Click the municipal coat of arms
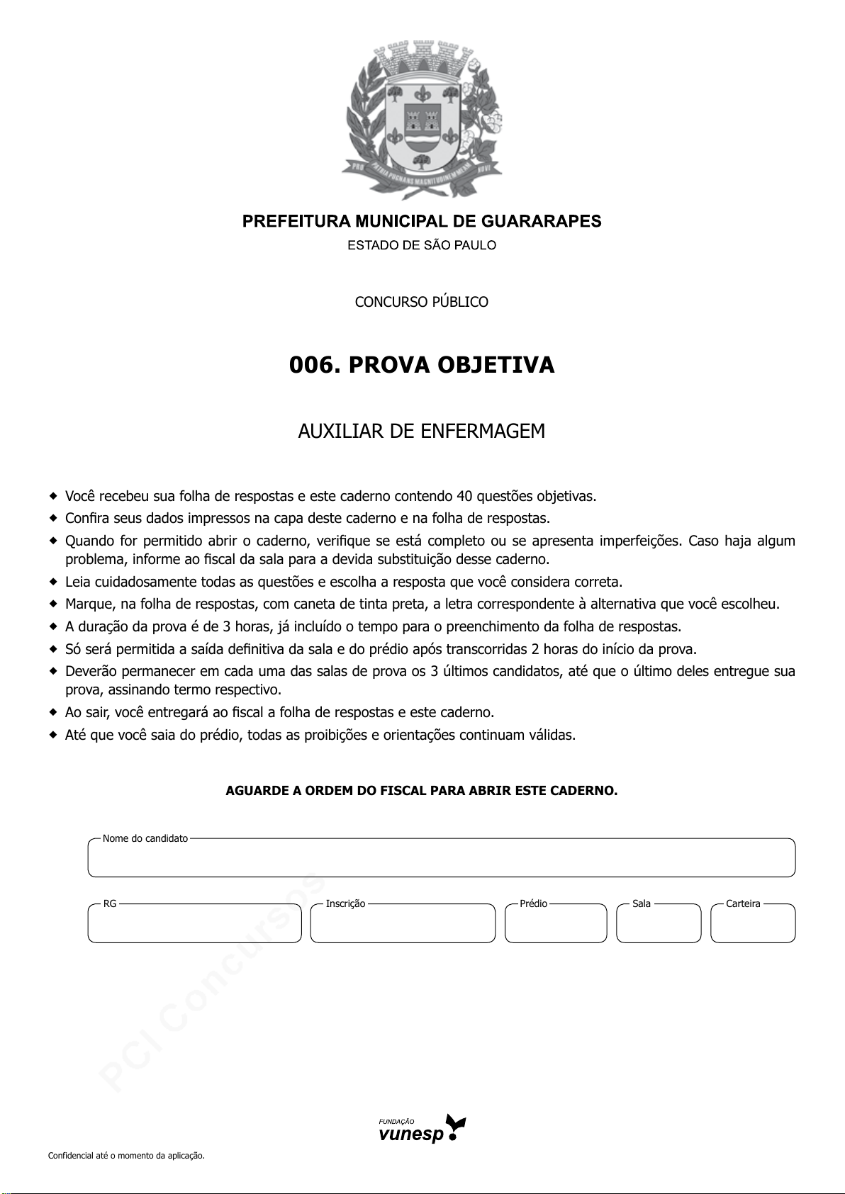coord(423,121)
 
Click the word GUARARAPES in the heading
coord(541,222)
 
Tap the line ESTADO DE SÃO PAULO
coord(422,246)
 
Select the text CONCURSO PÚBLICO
coord(422,302)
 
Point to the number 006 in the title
coord(310,366)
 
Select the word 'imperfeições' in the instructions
coord(640,541)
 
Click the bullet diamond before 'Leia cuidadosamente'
coord(52,582)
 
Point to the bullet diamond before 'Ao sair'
coord(52,712)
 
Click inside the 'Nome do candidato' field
coord(441,860)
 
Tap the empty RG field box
coord(194,925)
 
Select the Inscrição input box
coord(403,925)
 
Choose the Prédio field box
coord(556,925)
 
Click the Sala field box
coord(659,925)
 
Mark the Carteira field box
coord(753,925)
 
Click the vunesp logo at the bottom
coord(422,1129)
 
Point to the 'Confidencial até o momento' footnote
coord(126,1156)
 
